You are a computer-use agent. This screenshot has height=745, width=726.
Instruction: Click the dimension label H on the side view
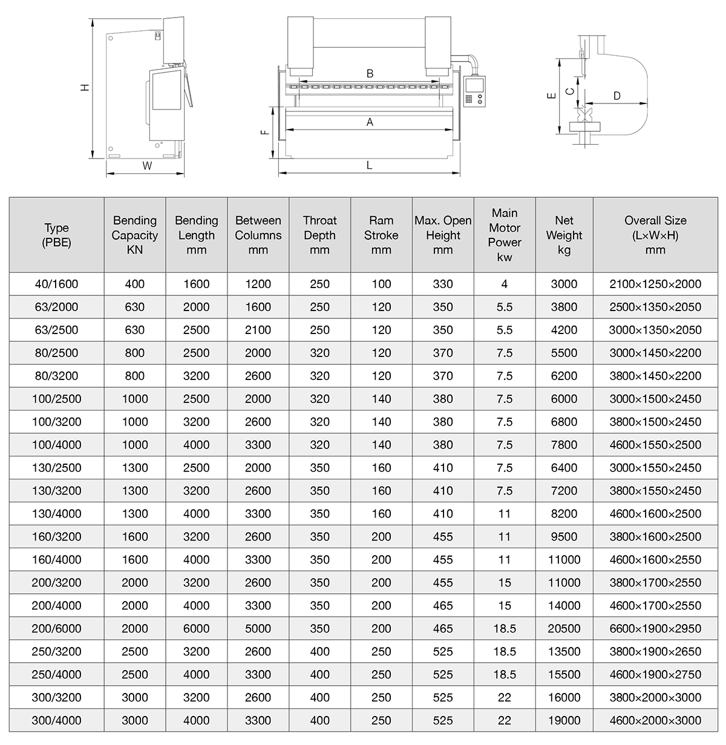point(85,87)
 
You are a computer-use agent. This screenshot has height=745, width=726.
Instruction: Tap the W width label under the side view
point(147,165)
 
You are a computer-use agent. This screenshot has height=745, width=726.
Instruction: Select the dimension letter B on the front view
point(370,74)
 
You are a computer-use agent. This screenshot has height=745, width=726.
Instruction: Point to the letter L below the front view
point(370,165)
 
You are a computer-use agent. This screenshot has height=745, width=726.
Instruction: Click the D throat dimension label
point(616,96)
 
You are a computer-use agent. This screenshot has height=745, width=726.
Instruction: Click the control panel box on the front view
point(475,91)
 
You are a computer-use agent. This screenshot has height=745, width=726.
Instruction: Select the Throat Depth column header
point(319,235)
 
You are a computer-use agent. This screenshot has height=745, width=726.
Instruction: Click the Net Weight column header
point(564,235)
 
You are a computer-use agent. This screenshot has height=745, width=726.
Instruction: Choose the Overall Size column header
point(655,235)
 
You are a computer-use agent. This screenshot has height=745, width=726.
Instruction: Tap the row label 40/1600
point(57,284)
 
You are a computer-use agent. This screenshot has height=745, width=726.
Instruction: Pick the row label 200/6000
point(57,629)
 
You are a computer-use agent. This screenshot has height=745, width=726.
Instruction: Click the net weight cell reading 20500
point(564,629)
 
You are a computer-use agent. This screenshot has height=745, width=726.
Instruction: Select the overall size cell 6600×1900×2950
point(655,629)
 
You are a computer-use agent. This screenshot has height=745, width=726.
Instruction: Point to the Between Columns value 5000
point(258,629)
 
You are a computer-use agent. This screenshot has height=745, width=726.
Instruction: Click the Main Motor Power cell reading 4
point(505,284)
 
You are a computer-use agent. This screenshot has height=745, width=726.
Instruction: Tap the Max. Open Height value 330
point(443,284)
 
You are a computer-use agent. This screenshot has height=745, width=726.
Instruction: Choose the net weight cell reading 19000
point(564,721)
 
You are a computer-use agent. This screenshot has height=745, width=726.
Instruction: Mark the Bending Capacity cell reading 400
point(134,284)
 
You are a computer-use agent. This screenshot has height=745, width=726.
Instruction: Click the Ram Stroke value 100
point(381,284)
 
